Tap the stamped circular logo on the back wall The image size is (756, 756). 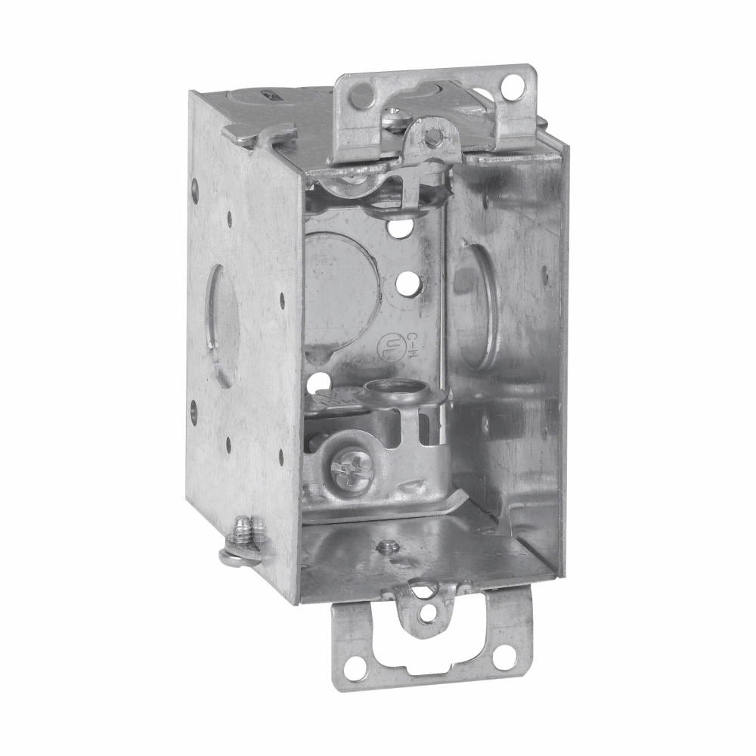pyautogui.click(x=389, y=346)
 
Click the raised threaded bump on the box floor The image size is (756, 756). pyautogui.click(x=389, y=546)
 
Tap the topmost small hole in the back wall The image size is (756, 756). pyautogui.click(x=399, y=225)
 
